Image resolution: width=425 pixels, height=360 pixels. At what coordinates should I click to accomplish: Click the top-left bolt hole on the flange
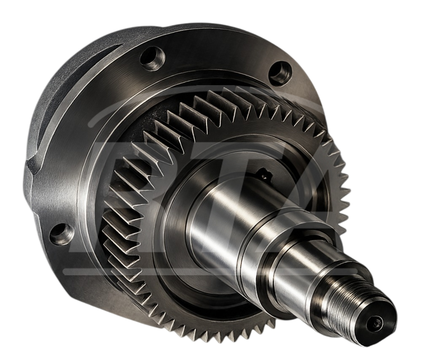[x=152, y=58]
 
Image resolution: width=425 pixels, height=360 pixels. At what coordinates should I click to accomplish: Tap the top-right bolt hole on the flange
[x=280, y=70]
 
